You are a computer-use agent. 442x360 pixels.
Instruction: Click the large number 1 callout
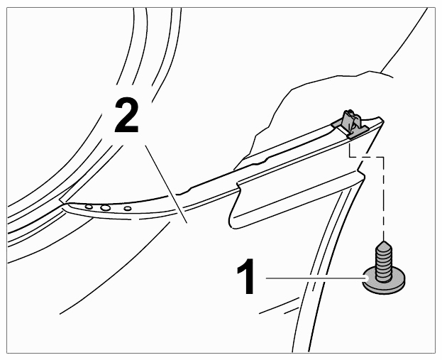[245, 276]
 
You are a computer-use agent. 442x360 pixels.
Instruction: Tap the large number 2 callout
[126, 115]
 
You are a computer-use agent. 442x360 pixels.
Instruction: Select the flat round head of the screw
[384, 282]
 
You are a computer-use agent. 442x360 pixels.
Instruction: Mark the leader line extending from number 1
[316, 278]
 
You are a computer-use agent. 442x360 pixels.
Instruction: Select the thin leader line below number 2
[166, 184]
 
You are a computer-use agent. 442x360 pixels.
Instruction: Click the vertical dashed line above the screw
[383, 198]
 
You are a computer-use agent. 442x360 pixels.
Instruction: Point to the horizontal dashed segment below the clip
[366, 157]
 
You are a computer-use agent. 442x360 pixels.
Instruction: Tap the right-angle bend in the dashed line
[383, 157]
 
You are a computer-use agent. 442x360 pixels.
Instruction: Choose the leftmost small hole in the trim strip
[89, 207]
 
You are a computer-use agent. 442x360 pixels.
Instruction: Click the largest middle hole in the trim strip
[106, 208]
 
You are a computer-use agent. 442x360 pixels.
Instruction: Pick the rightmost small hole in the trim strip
[128, 209]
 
